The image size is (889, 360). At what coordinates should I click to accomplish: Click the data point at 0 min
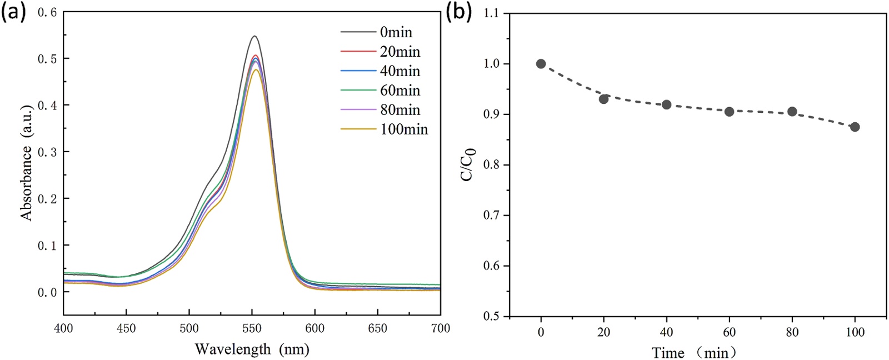coord(541,64)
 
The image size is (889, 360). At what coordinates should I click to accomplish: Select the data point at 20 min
coord(603,99)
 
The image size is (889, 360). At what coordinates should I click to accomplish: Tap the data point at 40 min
coord(666,104)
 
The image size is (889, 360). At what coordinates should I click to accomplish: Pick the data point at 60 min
coord(729,112)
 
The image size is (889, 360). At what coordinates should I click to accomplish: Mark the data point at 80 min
coord(792,112)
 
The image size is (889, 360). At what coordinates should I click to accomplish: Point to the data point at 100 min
coord(855,127)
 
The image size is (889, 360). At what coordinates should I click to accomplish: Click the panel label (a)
coord(13,12)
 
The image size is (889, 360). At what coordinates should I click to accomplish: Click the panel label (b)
coord(459,12)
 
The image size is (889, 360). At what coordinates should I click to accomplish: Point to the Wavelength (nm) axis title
coord(252,349)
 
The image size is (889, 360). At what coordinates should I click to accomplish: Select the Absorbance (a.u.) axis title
coord(27,161)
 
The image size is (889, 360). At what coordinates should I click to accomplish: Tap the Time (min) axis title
coord(695,352)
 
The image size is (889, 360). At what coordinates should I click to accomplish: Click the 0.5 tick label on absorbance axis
coord(47,58)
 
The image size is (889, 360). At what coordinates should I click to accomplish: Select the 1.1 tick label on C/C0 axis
coord(491,13)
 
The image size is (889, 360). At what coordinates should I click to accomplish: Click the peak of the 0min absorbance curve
coord(254,36)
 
